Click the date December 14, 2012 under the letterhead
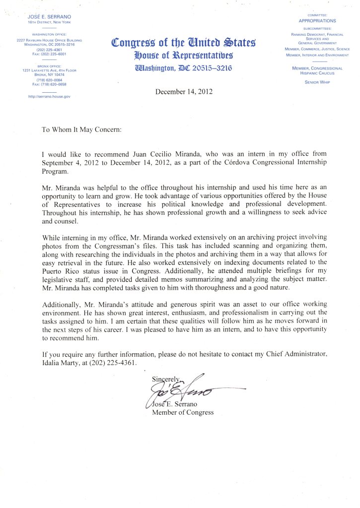click(x=180, y=92)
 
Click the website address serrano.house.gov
click(x=49, y=96)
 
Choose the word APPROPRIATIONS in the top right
click(x=317, y=21)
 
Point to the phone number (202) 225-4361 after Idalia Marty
click(x=109, y=363)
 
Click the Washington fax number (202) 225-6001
click(x=49, y=54)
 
